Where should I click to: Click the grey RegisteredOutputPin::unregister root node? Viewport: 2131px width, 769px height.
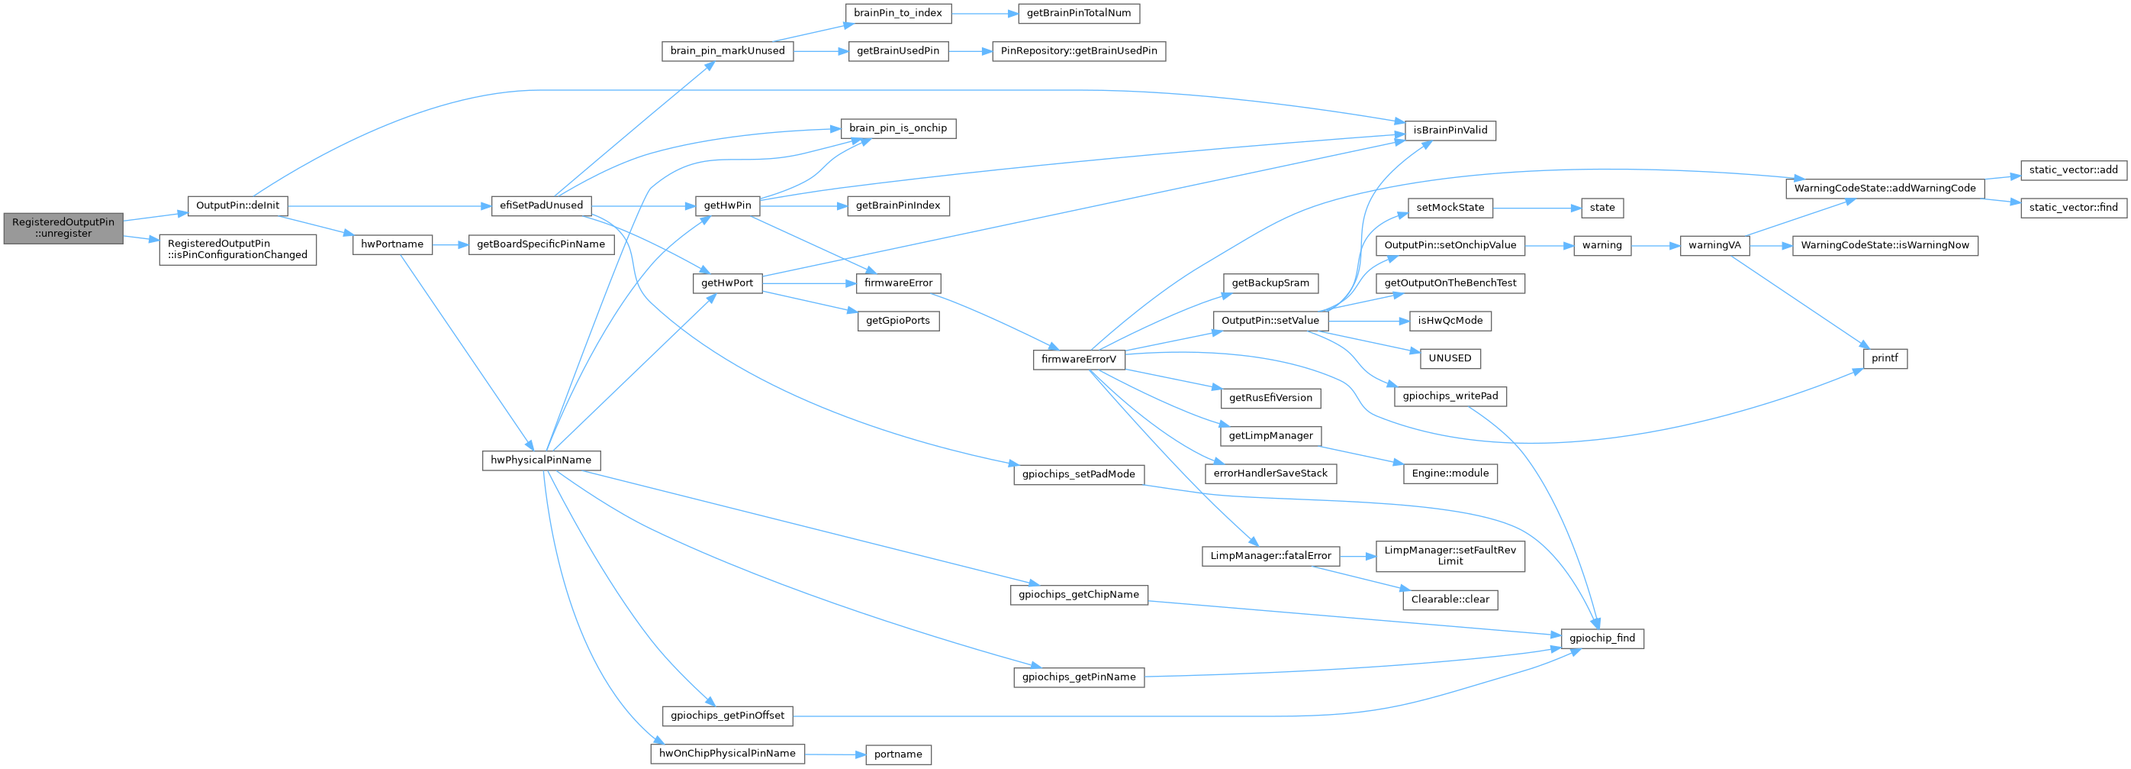tap(63, 228)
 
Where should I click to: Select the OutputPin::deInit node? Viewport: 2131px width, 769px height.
tap(237, 205)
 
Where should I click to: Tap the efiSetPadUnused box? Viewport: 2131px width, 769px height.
tap(541, 205)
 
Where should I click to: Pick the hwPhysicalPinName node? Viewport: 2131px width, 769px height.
tap(541, 460)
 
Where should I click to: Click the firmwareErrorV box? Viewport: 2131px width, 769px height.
tap(1078, 359)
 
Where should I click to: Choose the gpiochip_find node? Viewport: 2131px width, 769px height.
tap(1601, 638)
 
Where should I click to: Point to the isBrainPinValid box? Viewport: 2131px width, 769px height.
tap(1450, 130)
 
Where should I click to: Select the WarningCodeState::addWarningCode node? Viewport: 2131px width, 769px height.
tap(1885, 188)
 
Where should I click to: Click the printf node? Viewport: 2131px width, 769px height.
tap(1885, 358)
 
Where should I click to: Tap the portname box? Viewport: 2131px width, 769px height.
tap(897, 754)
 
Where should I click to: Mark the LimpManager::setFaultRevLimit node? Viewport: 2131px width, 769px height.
tap(1450, 555)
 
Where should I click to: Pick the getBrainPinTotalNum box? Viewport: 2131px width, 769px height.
tap(1078, 13)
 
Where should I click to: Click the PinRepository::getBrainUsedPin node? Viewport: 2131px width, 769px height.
tap(1078, 50)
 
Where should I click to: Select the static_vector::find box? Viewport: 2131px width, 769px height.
tap(2073, 207)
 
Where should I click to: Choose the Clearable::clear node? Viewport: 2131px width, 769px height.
tap(1450, 599)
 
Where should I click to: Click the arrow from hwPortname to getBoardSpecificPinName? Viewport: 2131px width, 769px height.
tap(450, 244)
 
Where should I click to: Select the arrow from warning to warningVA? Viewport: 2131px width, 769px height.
tap(1654, 245)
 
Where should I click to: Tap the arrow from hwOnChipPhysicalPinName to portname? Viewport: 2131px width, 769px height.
tap(835, 754)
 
